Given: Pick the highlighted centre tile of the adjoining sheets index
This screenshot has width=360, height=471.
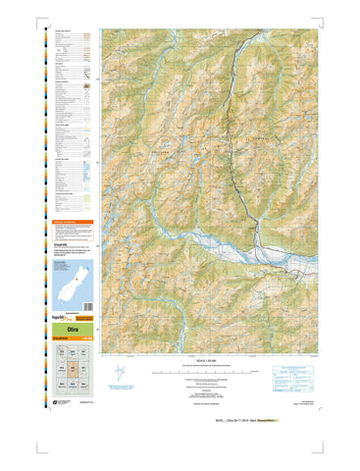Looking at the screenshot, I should (x=73, y=370).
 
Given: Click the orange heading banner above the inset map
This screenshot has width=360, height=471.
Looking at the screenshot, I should (x=73, y=224).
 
